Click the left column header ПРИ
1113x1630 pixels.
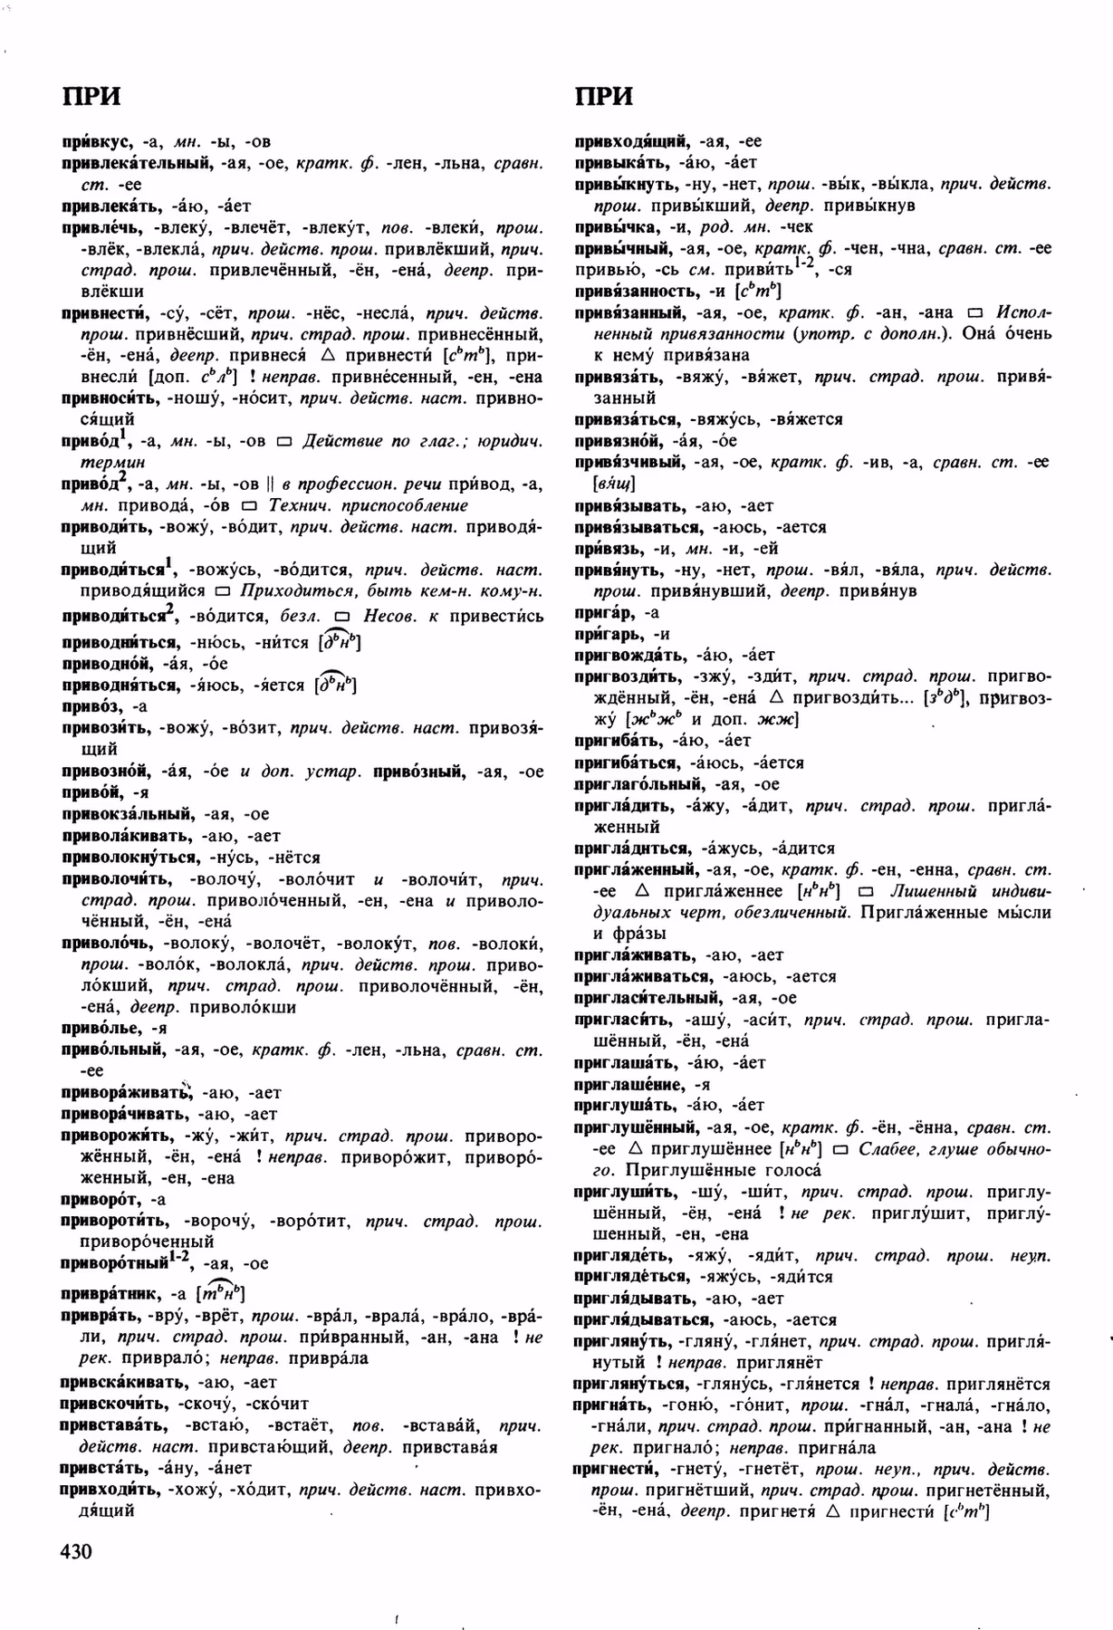[x=91, y=96]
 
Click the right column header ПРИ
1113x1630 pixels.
[x=604, y=96]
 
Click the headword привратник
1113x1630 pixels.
[x=111, y=1295]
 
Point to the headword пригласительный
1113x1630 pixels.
[x=648, y=998]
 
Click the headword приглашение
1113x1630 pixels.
[x=630, y=1084]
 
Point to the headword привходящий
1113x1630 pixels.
[x=634, y=141]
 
